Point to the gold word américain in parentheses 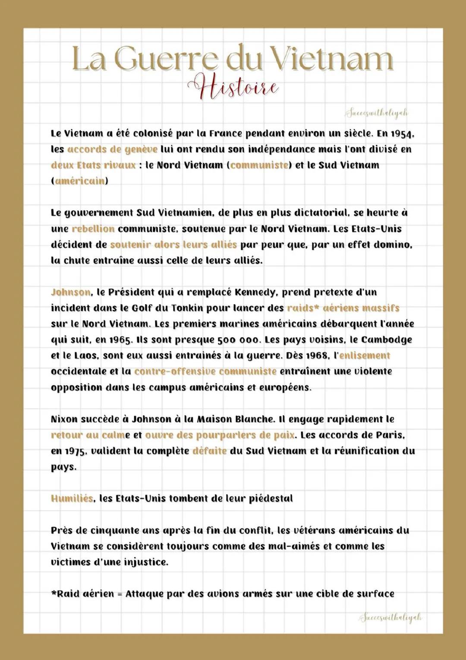(x=79, y=181)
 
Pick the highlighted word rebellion (x=93, y=229)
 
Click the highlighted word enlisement (x=365, y=356)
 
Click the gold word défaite (x=209, y=451)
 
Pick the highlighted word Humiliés (x=72, y=499)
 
